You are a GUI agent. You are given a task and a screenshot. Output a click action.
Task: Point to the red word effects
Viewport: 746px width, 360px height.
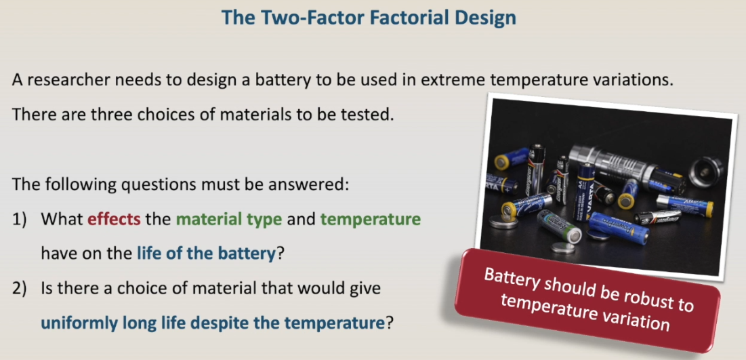tap(114, 219)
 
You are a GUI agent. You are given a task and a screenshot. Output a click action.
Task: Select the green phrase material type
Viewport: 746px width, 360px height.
tap(229, 219)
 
